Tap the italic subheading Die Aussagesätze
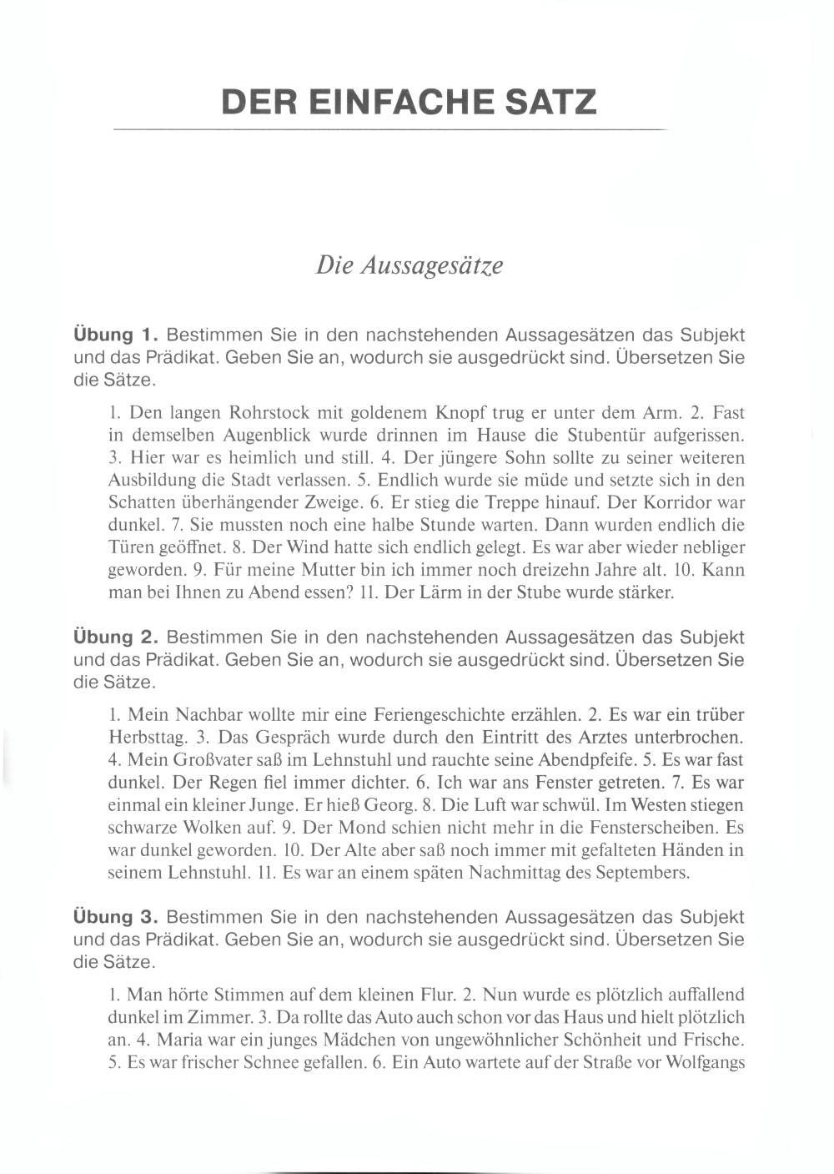click(x=409, y=265)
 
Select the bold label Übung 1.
click(x=116, y=335)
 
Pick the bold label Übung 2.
click(x=116, y=637)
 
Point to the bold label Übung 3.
click(x=116, y=916)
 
